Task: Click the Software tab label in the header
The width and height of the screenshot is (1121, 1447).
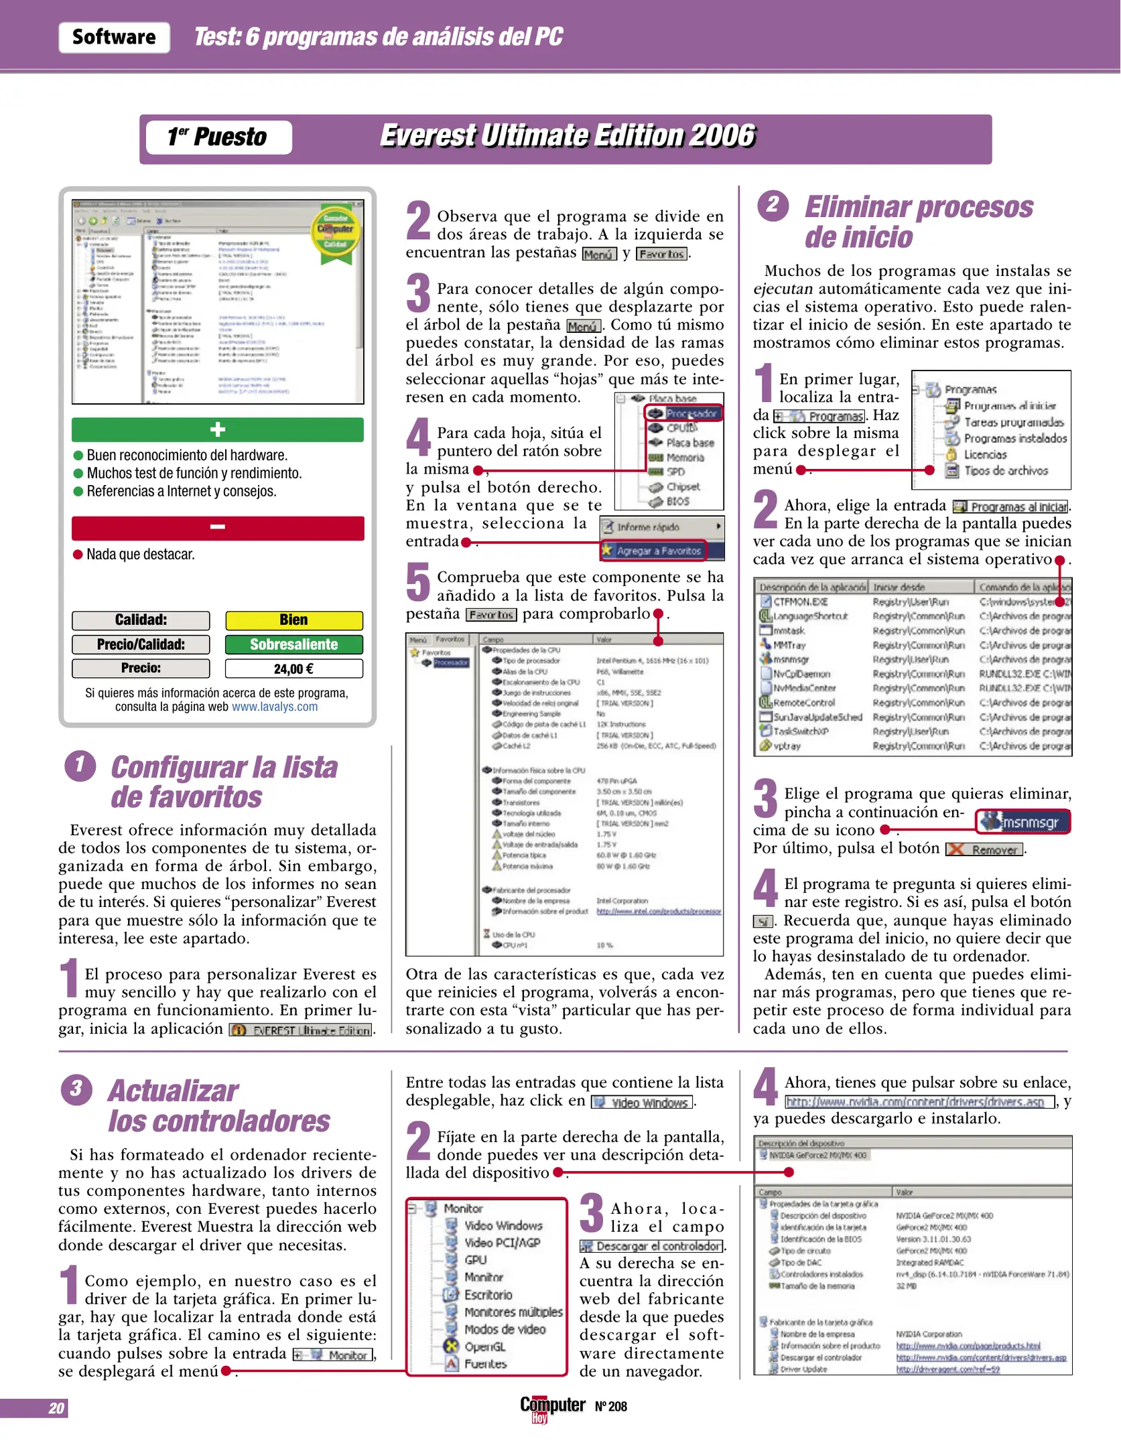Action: pos(114,38)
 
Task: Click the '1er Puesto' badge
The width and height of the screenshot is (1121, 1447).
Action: pos(218,137)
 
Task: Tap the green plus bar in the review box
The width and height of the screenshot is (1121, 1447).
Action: pos(218,429)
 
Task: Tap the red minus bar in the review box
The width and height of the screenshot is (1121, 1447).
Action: pos(218,528)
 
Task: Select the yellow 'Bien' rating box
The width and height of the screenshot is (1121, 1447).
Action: pos(293,620)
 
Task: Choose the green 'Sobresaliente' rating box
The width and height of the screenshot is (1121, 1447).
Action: pos(293,644)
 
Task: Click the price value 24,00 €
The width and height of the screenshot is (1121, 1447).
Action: pos(293,669)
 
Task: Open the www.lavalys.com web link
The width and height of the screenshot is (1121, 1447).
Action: pos(275,707)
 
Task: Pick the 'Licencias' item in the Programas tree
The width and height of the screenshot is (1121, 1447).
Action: pos(985,455)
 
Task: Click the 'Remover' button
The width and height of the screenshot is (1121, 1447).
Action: pos(985,850)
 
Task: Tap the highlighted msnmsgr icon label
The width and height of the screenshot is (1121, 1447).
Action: pos(1023,822)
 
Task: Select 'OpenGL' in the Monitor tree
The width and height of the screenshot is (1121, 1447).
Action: pos(485,1347)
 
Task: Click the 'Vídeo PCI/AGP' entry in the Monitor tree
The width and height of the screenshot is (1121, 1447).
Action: pos(503,1243)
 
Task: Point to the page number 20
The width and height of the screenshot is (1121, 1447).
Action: pos(56,1408)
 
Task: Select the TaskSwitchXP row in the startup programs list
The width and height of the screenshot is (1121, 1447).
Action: pos(801,732)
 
